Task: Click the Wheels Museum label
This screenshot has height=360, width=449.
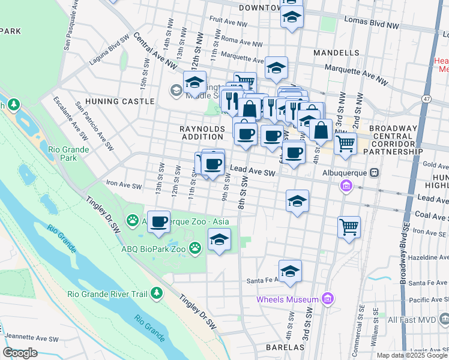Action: [287, 299]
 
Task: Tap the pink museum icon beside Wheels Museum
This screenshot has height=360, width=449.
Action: [327, 298]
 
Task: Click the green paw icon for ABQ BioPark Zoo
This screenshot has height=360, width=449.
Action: [195, 247]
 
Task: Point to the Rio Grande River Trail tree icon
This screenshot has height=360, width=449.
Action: [157, 293]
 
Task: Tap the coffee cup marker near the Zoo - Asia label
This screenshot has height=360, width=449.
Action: [158, 222]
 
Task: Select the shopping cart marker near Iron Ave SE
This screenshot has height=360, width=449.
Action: [349, 227]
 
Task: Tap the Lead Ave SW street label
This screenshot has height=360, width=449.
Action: [252, 172]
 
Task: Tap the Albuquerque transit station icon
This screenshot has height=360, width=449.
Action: [374, 173]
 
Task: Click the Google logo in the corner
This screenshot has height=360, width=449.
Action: [20, 352]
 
